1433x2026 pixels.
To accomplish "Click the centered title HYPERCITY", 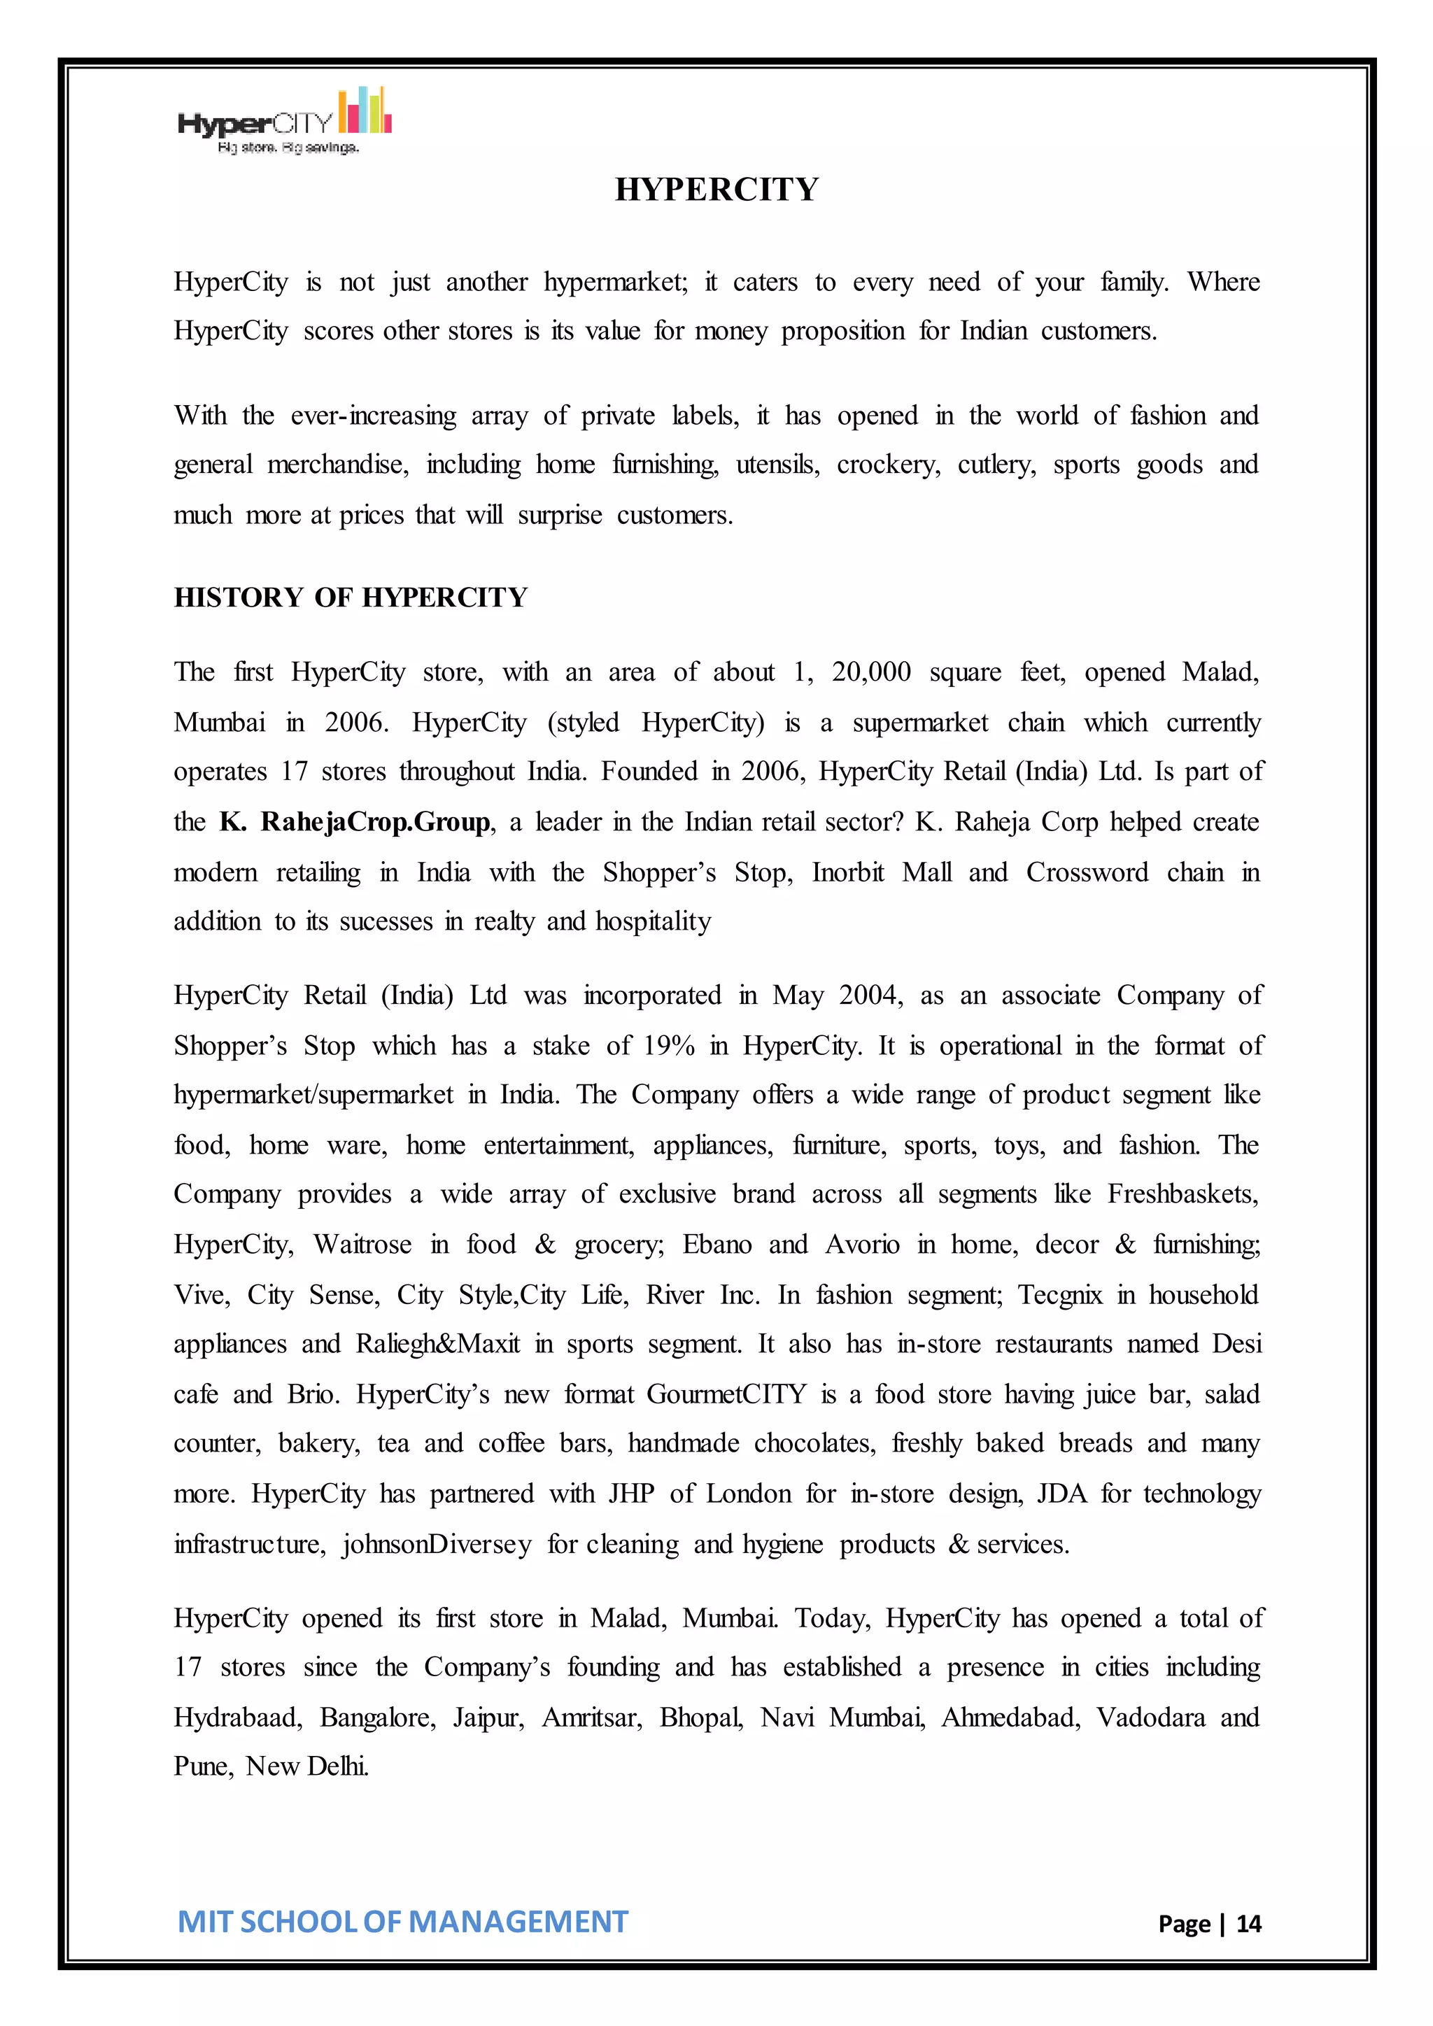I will click(716, 190).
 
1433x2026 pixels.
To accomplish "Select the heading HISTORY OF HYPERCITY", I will click(351, 597).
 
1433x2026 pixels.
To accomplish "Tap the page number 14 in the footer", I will click(1248, 1922).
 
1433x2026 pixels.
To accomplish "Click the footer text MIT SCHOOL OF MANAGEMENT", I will click(402, 1921).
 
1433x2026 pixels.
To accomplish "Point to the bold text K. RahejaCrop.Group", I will click(355, 821).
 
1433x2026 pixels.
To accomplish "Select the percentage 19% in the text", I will click(669, 1046).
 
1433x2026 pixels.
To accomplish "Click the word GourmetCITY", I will click(726, 1394).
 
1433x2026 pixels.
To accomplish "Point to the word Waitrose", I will click(362, 1244).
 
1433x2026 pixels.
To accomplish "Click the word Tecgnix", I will click(1060, 1294).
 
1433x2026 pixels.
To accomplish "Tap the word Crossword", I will click(1086, 872).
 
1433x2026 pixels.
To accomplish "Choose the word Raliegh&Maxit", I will click(437, 1343).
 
